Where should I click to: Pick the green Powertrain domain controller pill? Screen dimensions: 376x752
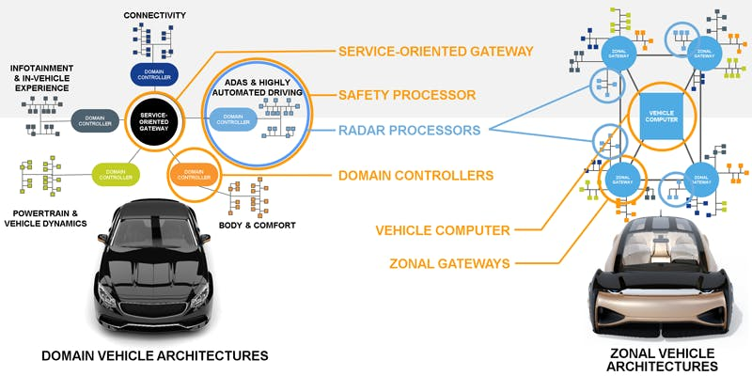(116, 172)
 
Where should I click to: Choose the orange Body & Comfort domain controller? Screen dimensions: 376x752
(194, 173)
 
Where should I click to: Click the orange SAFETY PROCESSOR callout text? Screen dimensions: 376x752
(406, 95)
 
